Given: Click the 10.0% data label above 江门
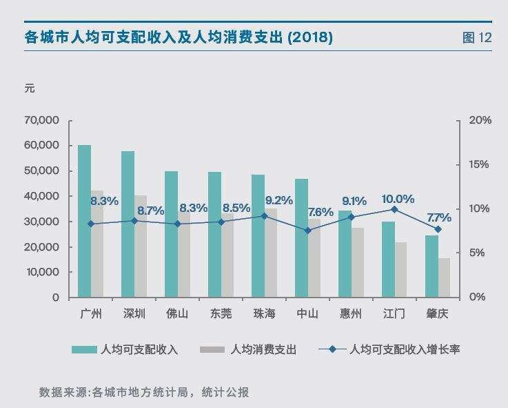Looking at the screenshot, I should [x=398, y=199].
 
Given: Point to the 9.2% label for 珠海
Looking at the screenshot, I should [x=278, y=201].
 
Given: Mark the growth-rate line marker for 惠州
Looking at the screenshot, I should [x=351, y=217].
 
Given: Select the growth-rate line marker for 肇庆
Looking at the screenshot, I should [x=438, y=229].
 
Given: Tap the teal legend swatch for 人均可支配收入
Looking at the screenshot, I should [x=83, y=350].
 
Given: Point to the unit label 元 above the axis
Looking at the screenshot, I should [x=29, y=88].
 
